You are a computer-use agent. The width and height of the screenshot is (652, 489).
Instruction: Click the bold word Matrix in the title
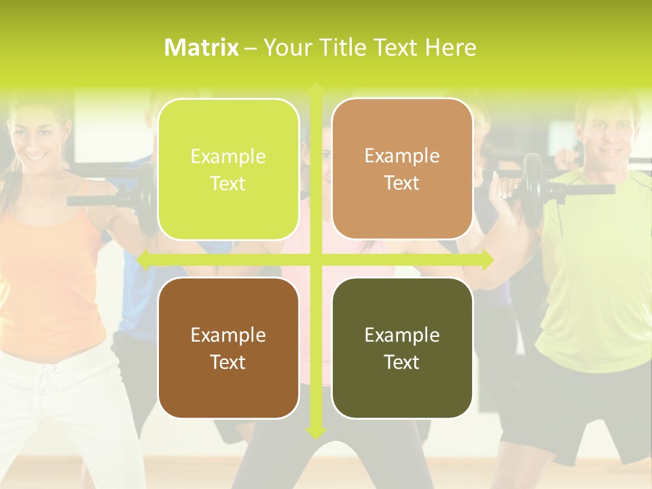point(201,48)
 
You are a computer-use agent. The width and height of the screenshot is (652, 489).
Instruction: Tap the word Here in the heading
point(450,48)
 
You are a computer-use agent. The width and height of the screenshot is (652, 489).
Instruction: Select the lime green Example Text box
point(228,169)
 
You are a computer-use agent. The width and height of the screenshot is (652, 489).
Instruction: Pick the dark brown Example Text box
point(228,348)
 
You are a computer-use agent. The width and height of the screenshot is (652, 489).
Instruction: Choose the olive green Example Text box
point(402,348)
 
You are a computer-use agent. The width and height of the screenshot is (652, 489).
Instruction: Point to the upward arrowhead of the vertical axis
point(316,88)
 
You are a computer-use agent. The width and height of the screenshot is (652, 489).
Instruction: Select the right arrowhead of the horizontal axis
point(487,259)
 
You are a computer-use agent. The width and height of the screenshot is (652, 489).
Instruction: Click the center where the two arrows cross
point(316,259)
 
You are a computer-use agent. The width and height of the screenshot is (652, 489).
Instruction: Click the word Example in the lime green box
point(228,157)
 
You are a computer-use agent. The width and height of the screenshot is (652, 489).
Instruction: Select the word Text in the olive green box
point(402,362)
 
